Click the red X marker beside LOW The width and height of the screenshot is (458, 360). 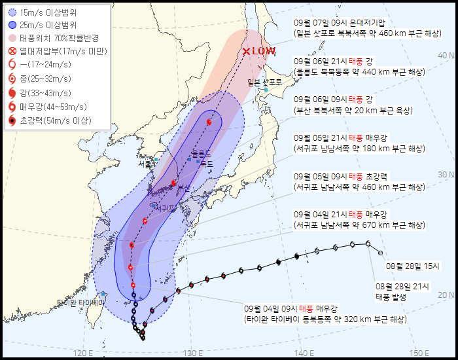pos(246,52)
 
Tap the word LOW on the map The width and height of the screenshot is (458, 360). pos(264,51)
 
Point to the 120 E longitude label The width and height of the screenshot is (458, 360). pos(82,353)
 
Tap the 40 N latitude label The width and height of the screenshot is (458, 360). pos(446,56)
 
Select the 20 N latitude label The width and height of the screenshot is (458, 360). pos(446,295)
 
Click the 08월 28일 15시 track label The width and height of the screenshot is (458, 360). pos(413,266)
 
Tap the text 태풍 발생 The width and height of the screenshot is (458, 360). pos(391,297)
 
